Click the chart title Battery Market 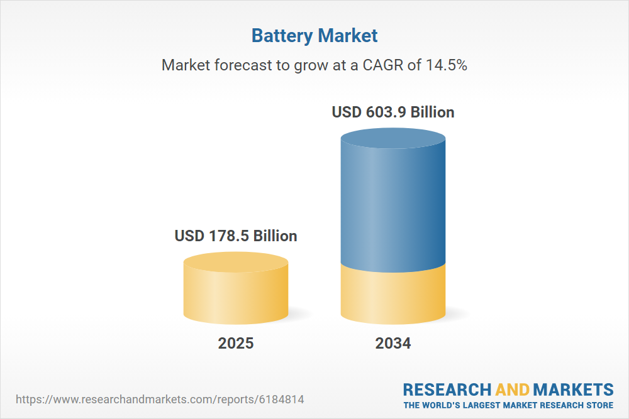(314, 35)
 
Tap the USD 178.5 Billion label (236, 236)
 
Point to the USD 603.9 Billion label (393, 112)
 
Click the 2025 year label (236, 344)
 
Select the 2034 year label (393, 344)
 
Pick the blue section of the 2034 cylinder (393, 207)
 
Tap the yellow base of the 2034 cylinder (393, 295)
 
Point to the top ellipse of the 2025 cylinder (236, 263)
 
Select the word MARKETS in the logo (572, 389)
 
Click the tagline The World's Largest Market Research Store (508, 405)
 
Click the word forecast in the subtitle (235, 65)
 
